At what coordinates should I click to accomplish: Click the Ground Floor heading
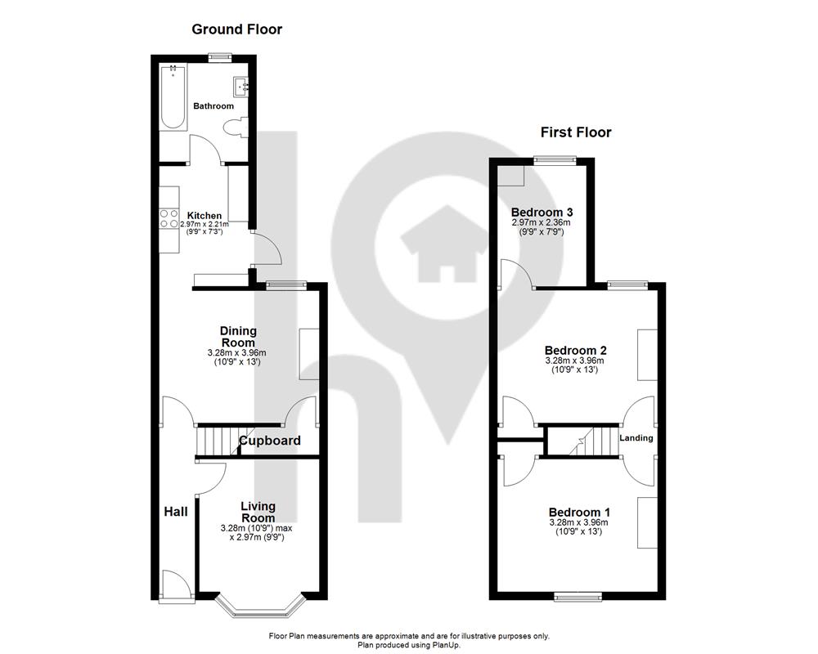click(237, 29)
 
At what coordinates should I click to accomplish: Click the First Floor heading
click(575, 132)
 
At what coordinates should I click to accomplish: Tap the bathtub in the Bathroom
click(173, 96)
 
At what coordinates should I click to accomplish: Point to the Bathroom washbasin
click(241, 87)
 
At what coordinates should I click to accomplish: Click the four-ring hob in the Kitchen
click(169, 218)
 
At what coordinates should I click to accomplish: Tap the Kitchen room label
click(204, 215)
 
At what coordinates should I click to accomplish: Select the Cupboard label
click(270, 441)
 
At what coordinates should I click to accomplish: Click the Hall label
click(176, 512)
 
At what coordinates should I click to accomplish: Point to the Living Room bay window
click(259, 606)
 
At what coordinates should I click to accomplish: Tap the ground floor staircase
click(218, 441)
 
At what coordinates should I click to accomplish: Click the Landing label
click(636, 438)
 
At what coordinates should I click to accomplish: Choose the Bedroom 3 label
click(542, 213)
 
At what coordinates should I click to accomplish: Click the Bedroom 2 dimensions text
click(574, 365)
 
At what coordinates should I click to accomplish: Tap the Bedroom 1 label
click(579, 512)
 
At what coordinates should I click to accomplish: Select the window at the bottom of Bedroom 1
click(578, 596)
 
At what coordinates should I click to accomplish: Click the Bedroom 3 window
click(555, 160)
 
